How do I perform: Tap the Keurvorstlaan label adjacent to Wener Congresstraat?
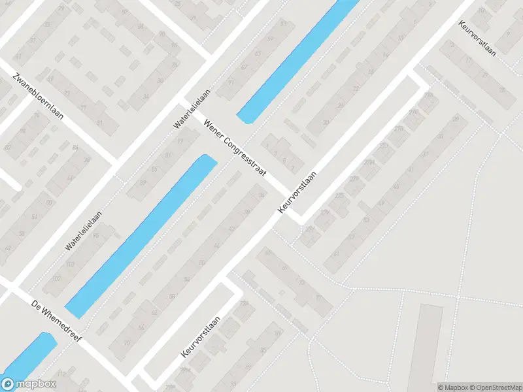tap(297, 191)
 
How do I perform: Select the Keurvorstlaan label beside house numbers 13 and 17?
tap(477, 38)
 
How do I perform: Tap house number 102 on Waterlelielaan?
tap(71, 264)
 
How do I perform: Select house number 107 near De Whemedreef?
tap(57, 279)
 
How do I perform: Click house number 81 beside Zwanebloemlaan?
tap(99, 123)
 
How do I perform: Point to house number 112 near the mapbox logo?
tap(61, 374)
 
